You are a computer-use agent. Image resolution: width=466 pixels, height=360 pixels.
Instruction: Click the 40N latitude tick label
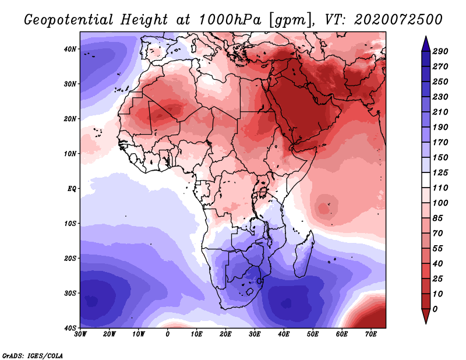pos(70,49)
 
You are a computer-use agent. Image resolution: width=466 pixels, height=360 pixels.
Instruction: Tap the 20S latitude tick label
pos(70,258)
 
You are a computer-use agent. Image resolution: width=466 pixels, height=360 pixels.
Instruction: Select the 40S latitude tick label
pos(70,328)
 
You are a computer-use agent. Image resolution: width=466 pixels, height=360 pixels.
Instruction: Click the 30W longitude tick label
pos(80,334)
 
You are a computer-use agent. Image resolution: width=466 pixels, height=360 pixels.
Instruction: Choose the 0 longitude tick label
pos(168,334)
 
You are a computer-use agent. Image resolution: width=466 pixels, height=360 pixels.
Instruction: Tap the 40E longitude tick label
pos(284,334)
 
